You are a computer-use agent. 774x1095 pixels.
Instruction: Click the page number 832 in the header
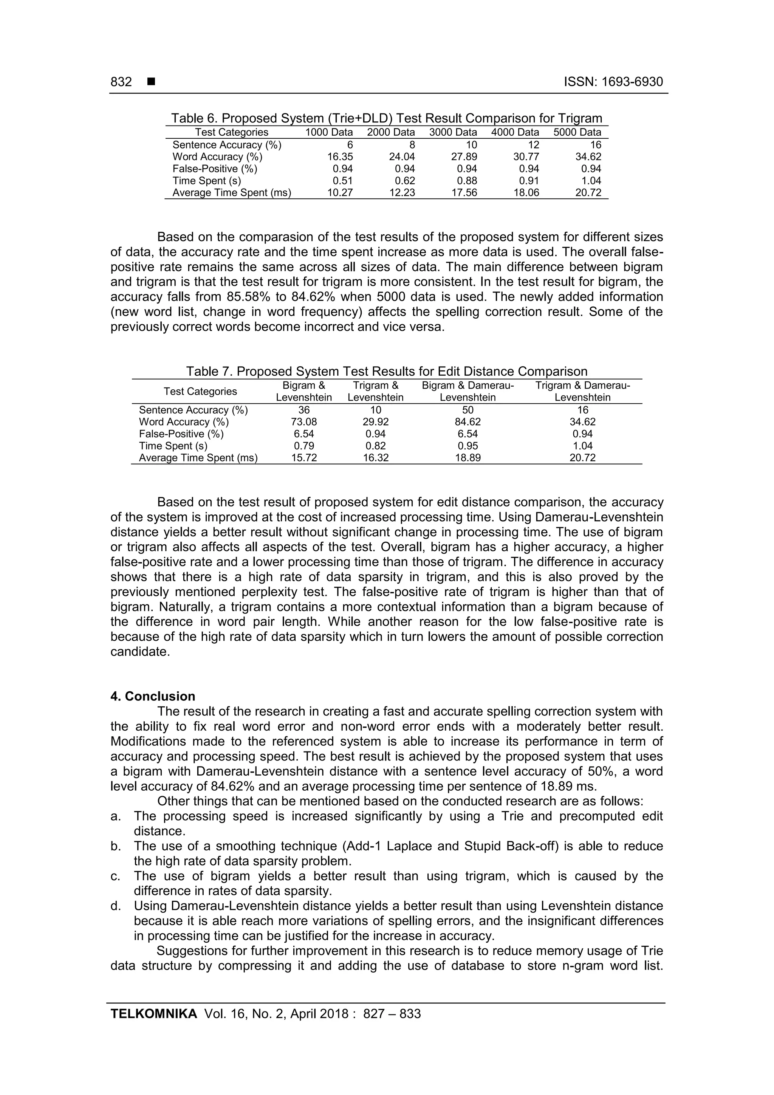click(121, 82)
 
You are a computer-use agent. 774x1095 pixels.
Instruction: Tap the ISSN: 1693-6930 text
click(613, 82)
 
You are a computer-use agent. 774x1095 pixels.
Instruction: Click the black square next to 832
click(151, 82)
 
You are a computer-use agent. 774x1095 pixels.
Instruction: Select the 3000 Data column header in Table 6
click(453, 132)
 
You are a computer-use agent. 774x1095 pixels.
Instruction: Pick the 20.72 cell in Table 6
click(588, 193)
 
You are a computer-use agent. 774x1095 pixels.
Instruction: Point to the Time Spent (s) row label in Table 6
click(206, 181)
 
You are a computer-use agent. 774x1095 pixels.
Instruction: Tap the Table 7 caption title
click(386, 371)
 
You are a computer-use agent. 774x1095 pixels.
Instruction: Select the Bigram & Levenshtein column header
click(304, 392)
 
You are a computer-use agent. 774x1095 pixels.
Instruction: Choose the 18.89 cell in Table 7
click(467, 458)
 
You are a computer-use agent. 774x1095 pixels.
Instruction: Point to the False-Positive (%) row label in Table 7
click(181, 434)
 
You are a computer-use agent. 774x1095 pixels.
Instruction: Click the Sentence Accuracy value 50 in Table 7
click(467, 410)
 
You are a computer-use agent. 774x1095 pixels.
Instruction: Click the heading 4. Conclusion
click(153, 696)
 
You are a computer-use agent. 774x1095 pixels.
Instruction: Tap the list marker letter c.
click(115, 876)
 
